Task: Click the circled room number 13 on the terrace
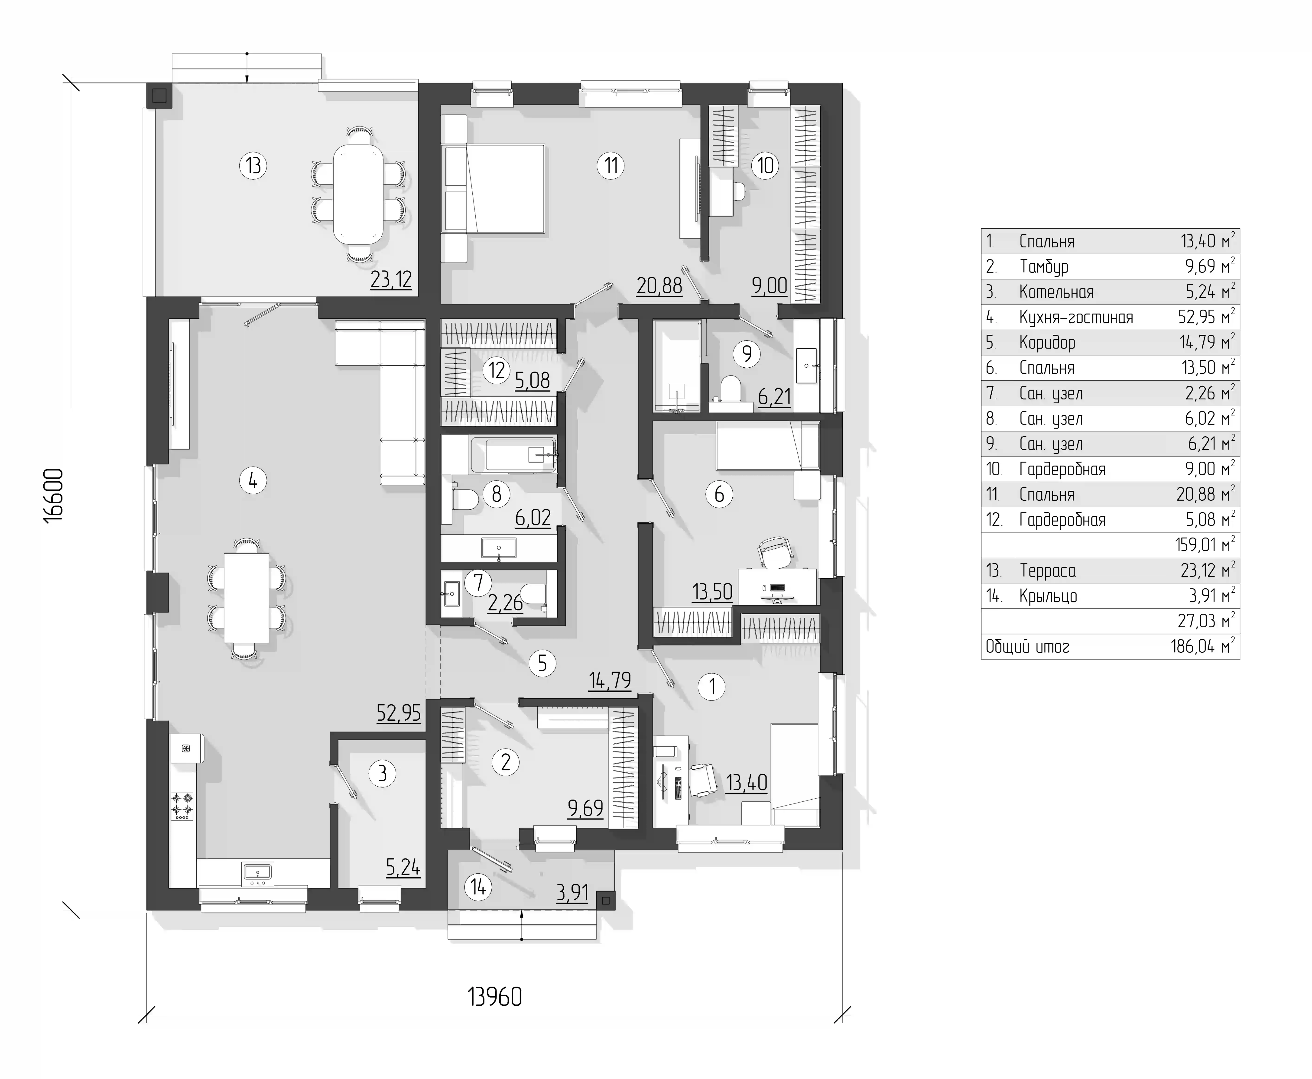pos(253,166)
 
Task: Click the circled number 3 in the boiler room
pos(382,774)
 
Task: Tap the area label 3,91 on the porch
pos(572,893)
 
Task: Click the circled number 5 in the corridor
pos(542,663)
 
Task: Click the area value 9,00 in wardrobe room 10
pos(770,286)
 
